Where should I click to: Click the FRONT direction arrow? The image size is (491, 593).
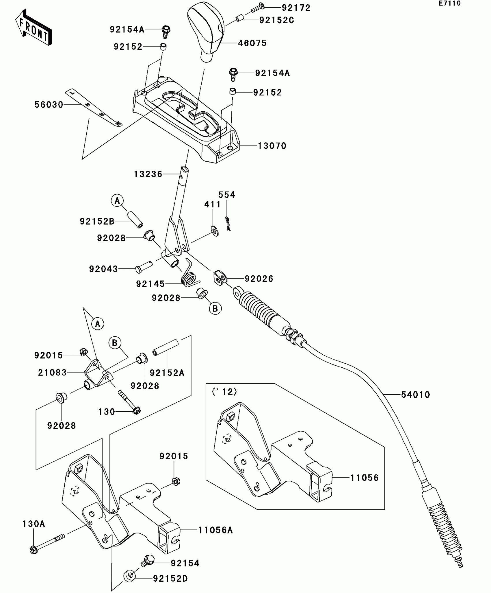click(x=34, y=28)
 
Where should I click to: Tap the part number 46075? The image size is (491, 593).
click(x=252, y=43)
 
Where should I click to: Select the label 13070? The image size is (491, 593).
click(x=272, y=146)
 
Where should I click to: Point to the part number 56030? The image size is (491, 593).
click(x=49, y=104)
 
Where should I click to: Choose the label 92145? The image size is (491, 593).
click(x=150, y=284)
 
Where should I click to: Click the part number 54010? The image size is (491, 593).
click(x=415, y=395)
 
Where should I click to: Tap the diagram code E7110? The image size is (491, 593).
click(x=449, y=3)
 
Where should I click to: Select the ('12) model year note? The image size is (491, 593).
click(x=224, y=392)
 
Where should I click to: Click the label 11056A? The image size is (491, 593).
click(x=215, y=530)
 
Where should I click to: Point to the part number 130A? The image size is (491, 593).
click(x=34, y=524)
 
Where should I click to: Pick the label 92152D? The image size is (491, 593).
click(x=170, y=579)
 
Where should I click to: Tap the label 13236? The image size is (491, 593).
click(x=148, y=174)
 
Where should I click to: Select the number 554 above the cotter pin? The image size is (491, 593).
click(x=227, y=195)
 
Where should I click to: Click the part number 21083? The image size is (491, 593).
click(x=52, y=373)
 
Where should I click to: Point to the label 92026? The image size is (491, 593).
click(x=259, y=279)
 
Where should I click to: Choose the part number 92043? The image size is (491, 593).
click(x=103, y=269)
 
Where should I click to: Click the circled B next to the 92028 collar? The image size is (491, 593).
click(x=215, y=309)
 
